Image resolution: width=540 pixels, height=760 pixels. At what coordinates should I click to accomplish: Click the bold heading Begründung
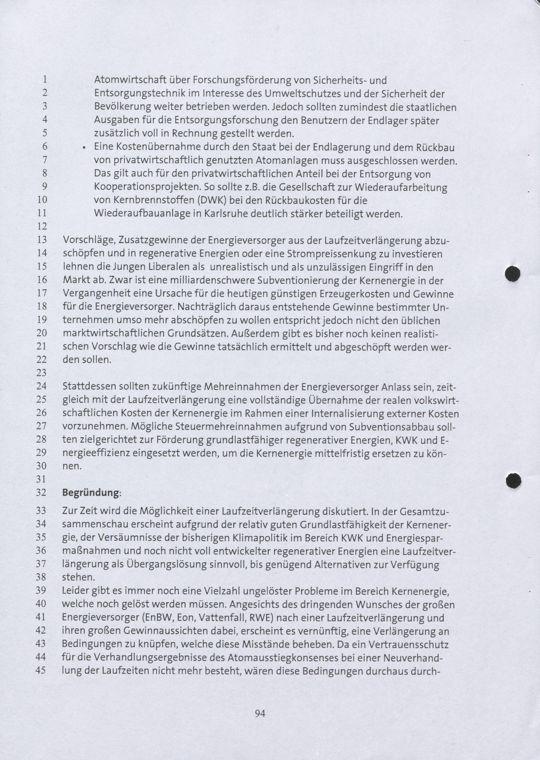(90, 492)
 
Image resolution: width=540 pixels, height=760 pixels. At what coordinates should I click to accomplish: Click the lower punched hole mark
(513, 480)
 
